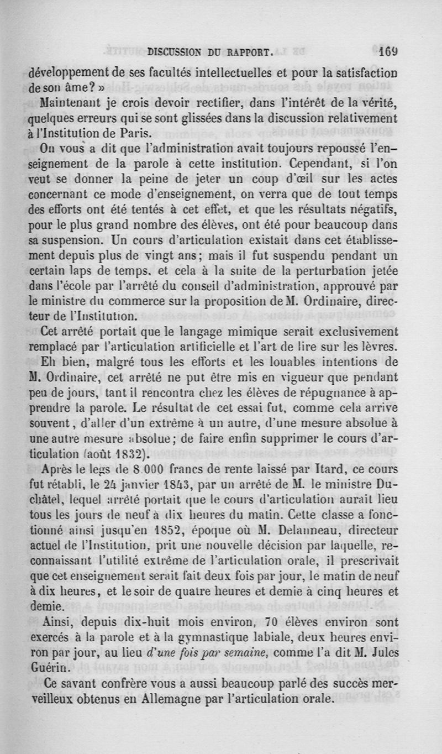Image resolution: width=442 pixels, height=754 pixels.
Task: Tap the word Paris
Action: (x=136, y=133)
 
